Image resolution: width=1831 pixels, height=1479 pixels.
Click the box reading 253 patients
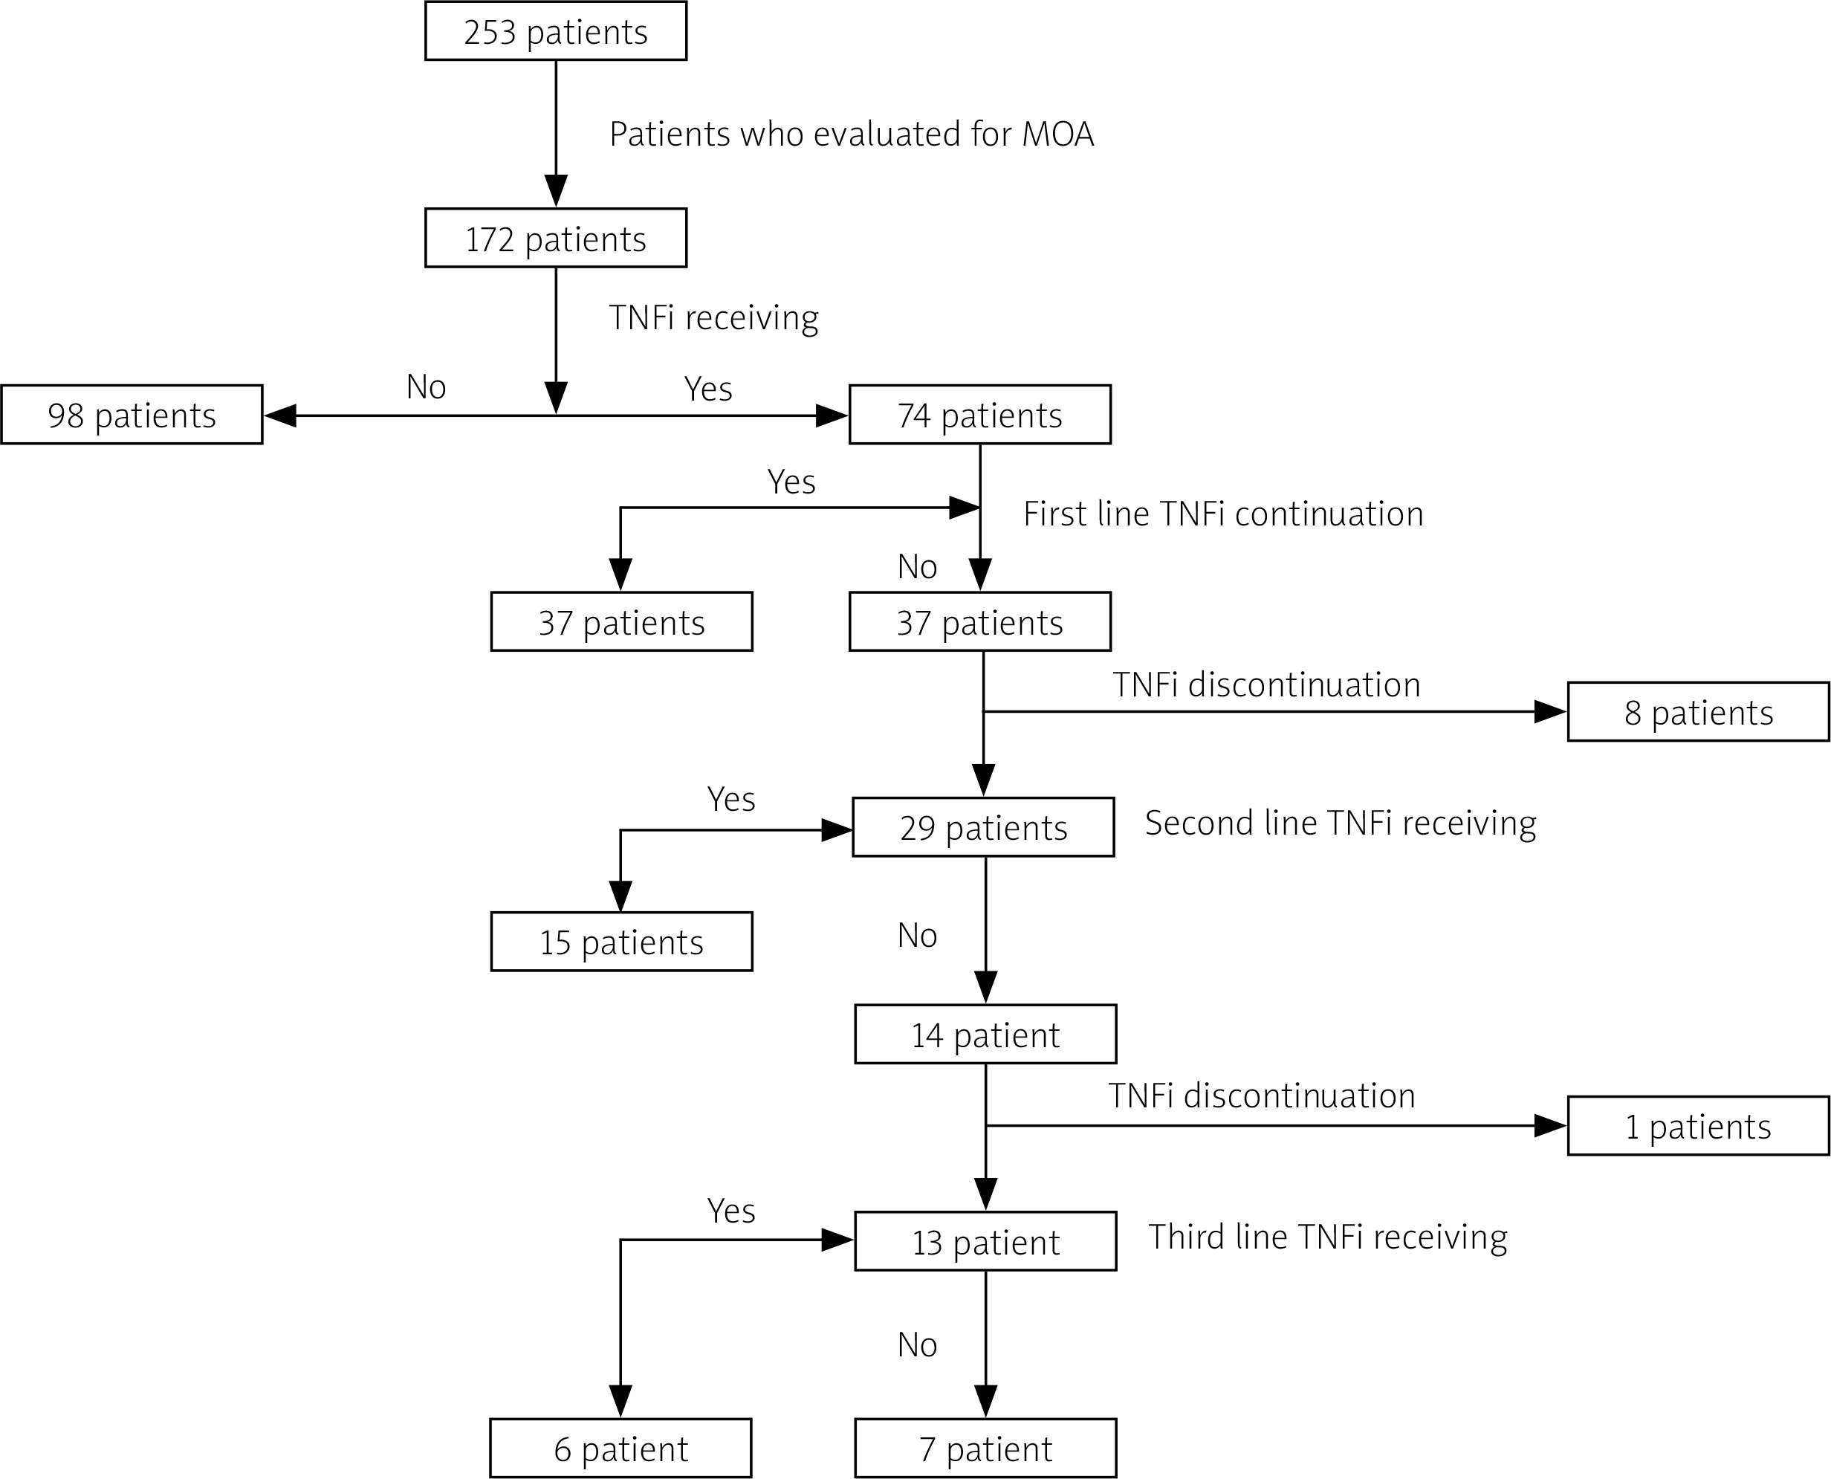[x=555, y=31]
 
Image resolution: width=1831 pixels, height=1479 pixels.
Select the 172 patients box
[x=555, y=239]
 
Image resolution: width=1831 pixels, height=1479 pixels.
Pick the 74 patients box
[x=979, y=415]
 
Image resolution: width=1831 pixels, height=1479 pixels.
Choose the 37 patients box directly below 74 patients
[x=979, y=622]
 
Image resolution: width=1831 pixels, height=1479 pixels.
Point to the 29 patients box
[x=983, y=827]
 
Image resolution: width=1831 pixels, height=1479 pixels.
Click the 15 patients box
[x=620, y=942]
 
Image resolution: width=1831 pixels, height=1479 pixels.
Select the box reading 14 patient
[x=985, y=1035]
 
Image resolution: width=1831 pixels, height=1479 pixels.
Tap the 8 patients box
[x=1698, y=712]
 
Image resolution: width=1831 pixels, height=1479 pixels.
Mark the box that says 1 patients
[x=1698, y=1126]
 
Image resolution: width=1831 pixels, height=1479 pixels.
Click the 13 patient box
[x=985, y=1241]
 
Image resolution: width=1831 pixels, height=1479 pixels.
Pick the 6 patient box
[x=620, y=1449]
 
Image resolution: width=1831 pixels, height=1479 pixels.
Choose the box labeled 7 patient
[x=985, y=1449]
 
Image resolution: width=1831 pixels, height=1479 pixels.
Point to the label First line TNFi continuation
[x=1223, y=514]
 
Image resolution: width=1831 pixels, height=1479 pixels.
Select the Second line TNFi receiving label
[x=1341, y=823]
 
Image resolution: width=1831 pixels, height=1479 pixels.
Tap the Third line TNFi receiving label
[x=1328, y=1237]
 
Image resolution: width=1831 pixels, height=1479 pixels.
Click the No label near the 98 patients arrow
[x=426, y=386]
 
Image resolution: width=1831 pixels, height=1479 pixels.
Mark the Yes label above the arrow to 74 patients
[x=707, y=389]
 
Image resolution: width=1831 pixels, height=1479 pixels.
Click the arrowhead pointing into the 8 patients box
[x=1550, y=711]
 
